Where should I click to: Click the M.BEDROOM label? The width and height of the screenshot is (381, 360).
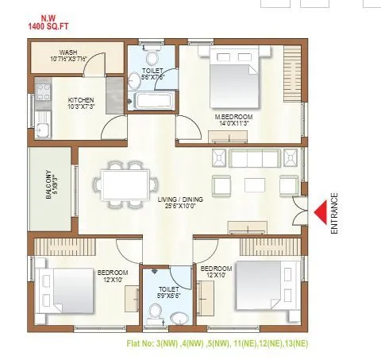point(233,117)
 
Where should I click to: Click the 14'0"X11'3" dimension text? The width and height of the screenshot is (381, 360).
point(233,124)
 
